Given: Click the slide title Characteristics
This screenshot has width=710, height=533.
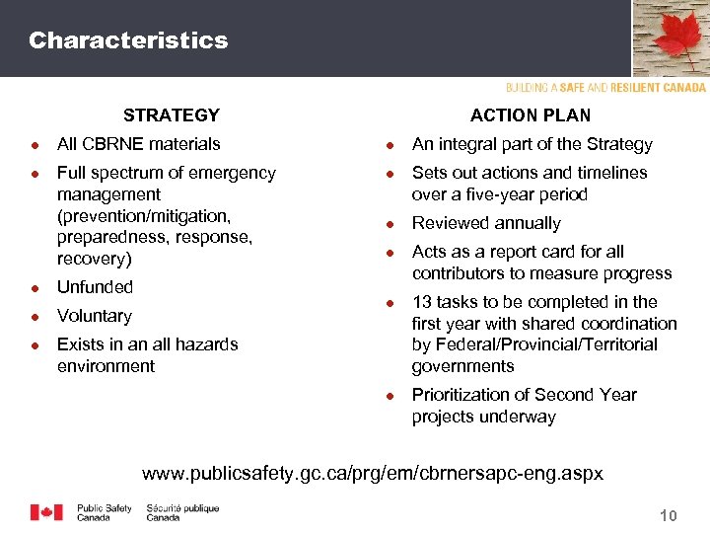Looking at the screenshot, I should click(x=128, y=40).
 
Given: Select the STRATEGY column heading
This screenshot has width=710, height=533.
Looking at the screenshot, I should click(x=171, y=115).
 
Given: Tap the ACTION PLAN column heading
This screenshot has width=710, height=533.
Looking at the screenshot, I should click(x=531, y=115).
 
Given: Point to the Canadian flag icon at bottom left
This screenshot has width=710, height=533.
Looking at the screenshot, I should click(x=46, y=512).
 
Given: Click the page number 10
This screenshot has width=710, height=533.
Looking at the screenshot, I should click(x=668, y=515).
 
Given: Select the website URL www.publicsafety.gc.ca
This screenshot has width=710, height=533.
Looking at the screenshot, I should click(x=373, y=474).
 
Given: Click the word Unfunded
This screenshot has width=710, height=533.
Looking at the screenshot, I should click(x=95, y=287).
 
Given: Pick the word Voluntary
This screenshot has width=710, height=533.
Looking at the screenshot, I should click(x=95, y=316).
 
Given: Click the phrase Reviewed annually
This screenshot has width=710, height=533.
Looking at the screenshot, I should click(x=486, y=223).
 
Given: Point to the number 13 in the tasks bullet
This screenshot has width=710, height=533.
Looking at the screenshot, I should click(x=422, y=302).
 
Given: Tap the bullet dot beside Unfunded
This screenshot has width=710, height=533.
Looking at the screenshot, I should click(x=35, y=288).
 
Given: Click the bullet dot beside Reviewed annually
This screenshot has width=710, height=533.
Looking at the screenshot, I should click(x=390, y=224).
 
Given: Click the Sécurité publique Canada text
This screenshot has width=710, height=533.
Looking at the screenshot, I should click(x=182, y=512).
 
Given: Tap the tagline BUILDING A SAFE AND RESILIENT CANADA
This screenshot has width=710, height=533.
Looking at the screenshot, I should click(x=605, y=88).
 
